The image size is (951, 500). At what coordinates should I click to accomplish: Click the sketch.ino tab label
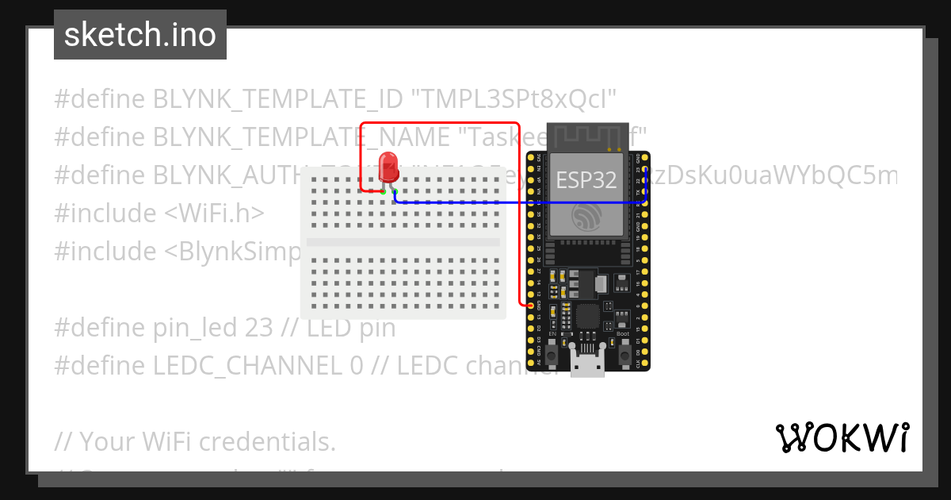[140, 35]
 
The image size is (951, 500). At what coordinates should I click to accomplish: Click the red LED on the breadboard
[388, 167]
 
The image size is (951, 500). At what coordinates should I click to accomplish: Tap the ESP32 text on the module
[586, 180]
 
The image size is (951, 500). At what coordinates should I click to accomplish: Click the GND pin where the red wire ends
[530, 305]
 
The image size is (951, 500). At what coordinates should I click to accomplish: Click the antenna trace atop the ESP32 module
[586, 137]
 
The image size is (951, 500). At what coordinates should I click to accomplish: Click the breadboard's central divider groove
[403, 242]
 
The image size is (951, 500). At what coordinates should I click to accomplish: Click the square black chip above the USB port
[587, 317]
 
